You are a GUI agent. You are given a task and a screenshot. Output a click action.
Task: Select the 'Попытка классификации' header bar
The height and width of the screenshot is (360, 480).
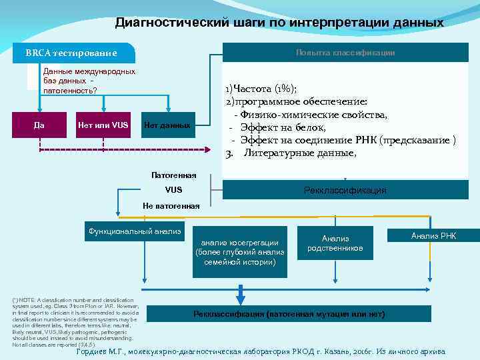(345, 53)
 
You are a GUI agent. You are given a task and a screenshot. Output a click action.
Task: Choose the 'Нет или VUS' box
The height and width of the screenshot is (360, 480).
(103, 125)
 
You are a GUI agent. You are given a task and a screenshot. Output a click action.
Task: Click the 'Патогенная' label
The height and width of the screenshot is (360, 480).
(173, 175)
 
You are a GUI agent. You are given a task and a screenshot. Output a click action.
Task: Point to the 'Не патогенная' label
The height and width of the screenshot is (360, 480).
(171, 205)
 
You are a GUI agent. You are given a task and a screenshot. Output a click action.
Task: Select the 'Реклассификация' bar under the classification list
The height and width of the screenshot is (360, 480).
(345, 191)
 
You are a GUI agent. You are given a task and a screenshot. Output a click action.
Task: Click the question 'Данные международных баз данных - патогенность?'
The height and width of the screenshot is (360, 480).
(89, 81)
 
